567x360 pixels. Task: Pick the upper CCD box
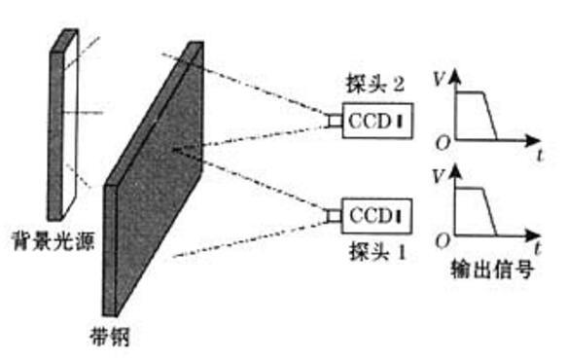tap(374, 123)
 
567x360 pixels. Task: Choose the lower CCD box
tap(374, 212)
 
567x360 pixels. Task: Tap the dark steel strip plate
tap(156, 185)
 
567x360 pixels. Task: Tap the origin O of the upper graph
tap(443, 144)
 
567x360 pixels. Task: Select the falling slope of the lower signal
tap(493, 212)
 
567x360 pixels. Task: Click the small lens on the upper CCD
tap(334, 122)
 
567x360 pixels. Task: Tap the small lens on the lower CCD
tap(334, 212)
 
